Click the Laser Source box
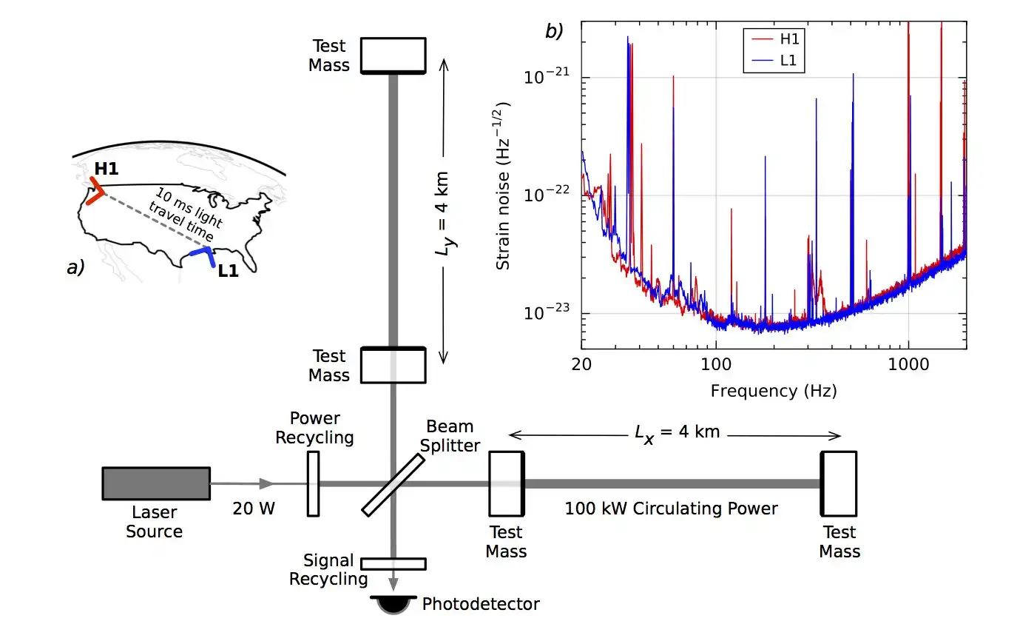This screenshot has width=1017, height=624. [x=156, y=484]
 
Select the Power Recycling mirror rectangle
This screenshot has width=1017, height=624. [x=314, y=483]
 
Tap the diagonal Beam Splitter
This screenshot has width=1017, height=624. [x=393, y=484]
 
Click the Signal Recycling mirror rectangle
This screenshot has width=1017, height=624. [x=393, y=563]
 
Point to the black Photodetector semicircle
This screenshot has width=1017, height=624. [x=393, y=605]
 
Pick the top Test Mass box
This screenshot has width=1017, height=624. [x=393, y=55]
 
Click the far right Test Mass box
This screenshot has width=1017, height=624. [x=839, y=483]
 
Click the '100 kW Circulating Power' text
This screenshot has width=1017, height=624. [x=671, y=509]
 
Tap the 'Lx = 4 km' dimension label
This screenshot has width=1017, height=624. [x=677, y=432]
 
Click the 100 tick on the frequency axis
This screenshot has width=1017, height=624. [x=715, y=364]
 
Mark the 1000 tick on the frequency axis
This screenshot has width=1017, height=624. [x=908, y=364]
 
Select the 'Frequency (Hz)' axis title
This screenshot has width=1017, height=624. [x=774, y=390]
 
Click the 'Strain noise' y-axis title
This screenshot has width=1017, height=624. [x=504, y=185]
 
